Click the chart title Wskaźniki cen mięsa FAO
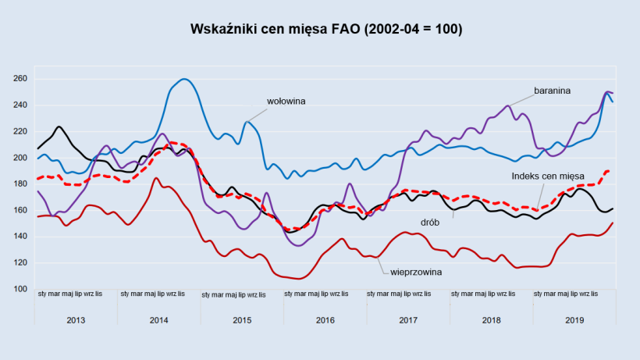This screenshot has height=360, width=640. coord(326,30)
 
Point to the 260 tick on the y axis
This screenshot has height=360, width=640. coord(20,79)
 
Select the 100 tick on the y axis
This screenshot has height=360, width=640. coord(20,289)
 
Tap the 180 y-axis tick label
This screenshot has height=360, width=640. coord(20,184)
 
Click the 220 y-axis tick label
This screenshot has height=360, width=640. coord(20,131)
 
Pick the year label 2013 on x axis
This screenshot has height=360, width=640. coord(76,320)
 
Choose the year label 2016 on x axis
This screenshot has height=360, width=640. coord(325,320)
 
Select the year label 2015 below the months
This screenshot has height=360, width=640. coord(242,320)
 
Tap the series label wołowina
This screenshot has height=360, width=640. coord(286,101)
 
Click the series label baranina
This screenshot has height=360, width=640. coord(553,91)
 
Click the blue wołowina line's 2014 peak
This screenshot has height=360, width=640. coord(184,79)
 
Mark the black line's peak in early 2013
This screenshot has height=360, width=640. coord(59,127)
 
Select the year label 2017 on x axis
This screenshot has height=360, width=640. coord(407,320)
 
